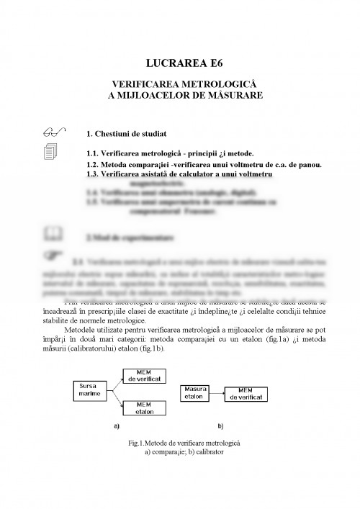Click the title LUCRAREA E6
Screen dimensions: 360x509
click(x=181, y=63)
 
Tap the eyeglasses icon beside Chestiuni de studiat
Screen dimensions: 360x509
click(x=52, y=132)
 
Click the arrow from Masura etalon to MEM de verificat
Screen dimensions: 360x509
click(x=219, y=392)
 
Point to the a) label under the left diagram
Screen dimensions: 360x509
click(x=115, y=426)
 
